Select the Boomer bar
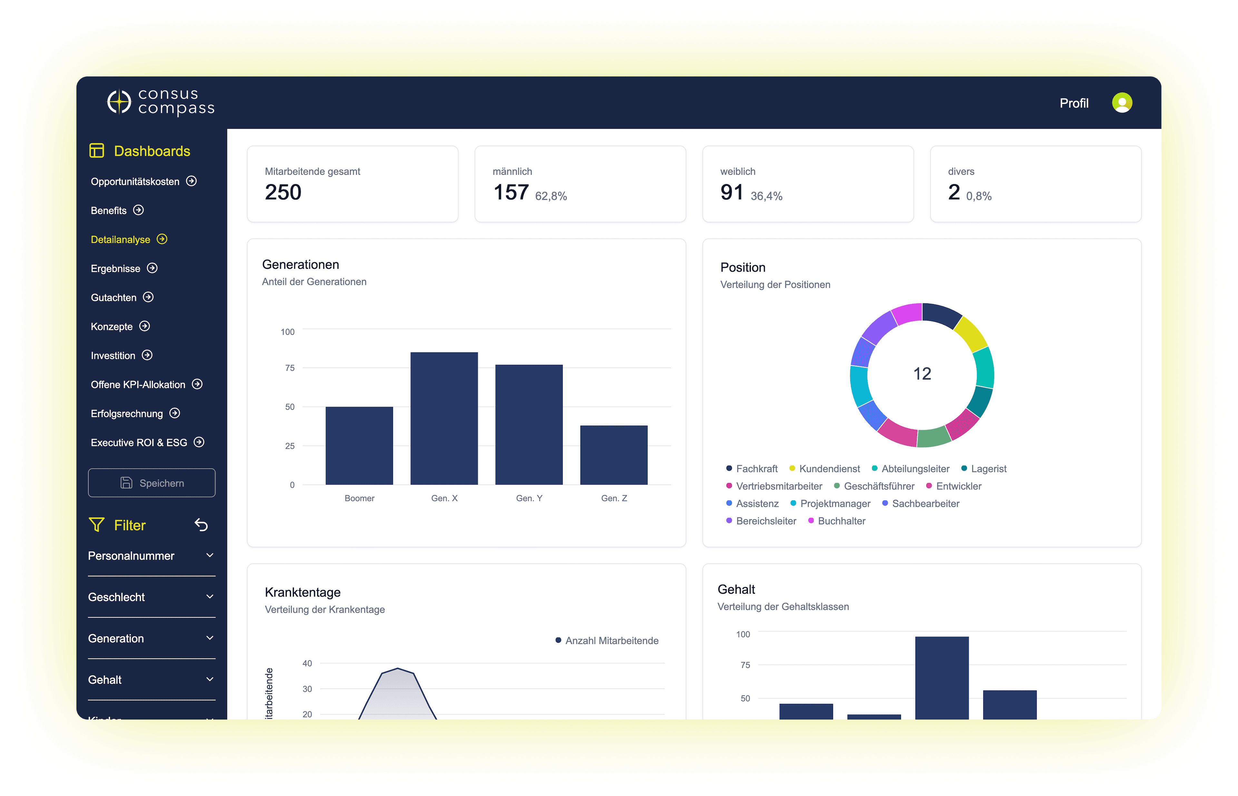(359, 446)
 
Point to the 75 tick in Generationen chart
(290, 368)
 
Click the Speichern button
(152, 483)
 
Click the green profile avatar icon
(1121, 103)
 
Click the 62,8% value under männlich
(551, 196)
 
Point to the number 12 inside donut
(922, 374)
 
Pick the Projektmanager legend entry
(834, 504)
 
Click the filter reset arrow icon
(201, 525)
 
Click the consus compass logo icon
(119, 102)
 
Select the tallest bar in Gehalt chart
(941, 677)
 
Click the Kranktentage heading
(302, 592)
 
